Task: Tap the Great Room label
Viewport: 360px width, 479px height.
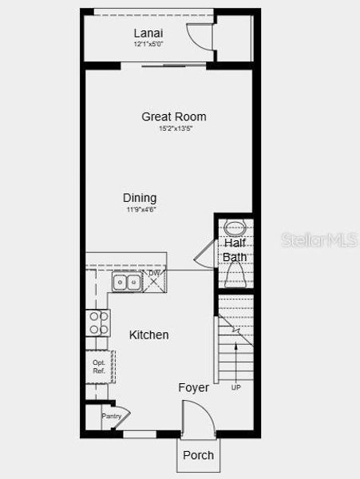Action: pos(168,117)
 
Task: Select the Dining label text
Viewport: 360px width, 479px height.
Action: pos(140,198)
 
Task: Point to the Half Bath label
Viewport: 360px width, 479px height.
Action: pos(235,250)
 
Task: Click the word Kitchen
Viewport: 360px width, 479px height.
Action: pos(149,335)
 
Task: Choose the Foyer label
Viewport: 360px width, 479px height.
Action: pos(193,388)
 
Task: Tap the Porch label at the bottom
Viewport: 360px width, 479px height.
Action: pos(198,455)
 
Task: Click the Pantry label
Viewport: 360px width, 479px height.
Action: pos(110,416)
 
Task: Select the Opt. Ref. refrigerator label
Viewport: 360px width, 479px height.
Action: pos(99,366)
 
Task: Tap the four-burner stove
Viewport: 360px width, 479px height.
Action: pos(98,323)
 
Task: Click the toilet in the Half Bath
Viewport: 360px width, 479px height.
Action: pos(235,275)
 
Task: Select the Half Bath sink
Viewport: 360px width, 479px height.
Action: pos(234,225)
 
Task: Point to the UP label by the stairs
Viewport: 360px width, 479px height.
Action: pos(235,388)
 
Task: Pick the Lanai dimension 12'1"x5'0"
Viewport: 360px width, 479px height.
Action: pos(150,45)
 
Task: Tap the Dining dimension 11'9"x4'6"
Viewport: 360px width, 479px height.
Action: pos(140,210)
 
